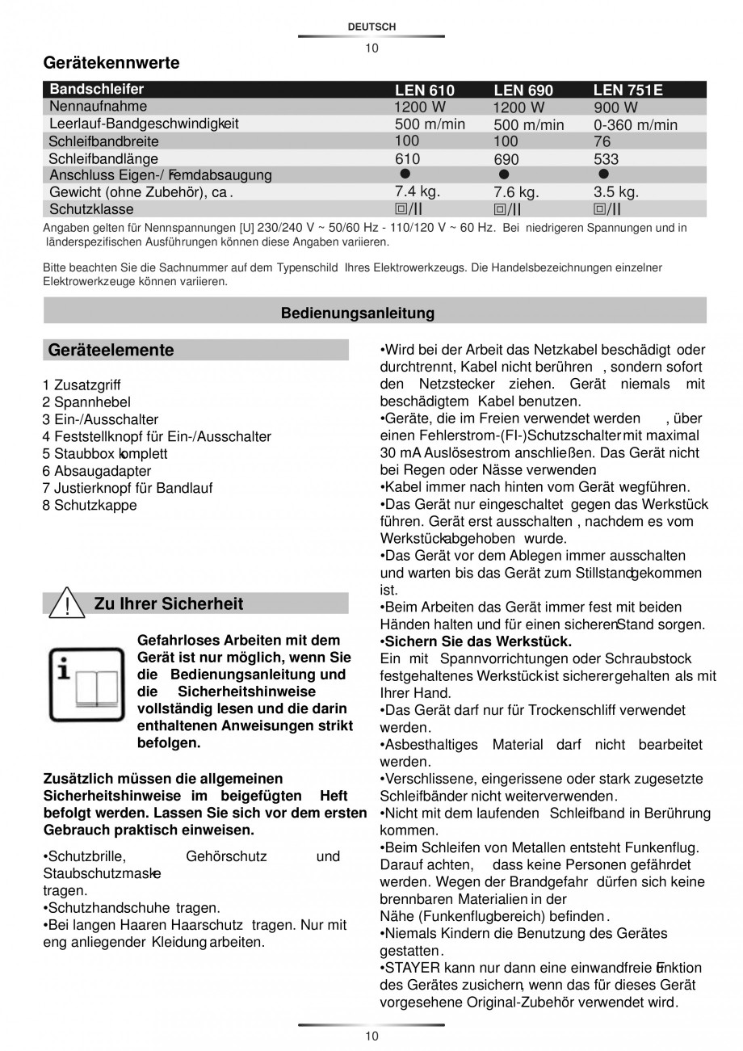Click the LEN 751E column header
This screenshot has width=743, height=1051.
click(628, 90)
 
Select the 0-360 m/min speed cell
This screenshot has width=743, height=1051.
click(636, 124)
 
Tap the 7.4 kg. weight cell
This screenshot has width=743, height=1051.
click(417, 191)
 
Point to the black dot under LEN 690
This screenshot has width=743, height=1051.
click(504, 174)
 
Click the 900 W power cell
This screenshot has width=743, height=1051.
click(615, 107)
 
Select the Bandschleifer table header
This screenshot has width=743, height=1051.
click(97, 89)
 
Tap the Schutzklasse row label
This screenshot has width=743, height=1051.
click(91, 209)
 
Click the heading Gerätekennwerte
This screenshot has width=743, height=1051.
click(111, 62)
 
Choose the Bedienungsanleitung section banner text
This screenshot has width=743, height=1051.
click(358, 313)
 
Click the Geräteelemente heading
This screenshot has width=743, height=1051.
click(111, 350)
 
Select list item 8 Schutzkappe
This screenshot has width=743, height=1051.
click(90, 506)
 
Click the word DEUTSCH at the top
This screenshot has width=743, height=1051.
click(371, 27)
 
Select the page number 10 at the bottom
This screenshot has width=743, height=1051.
click(371, 1036)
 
